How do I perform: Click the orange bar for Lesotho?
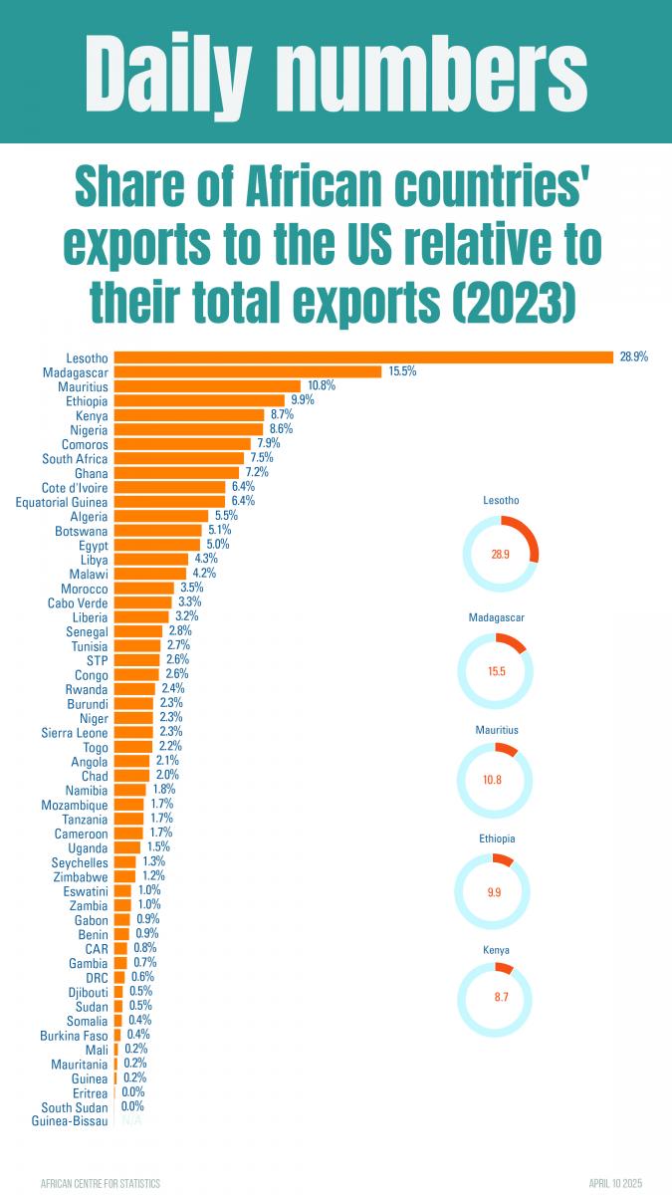(x=363, y=358)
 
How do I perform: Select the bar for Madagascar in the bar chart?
(x=248, y=371)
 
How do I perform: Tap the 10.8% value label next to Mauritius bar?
(x=322, y=386)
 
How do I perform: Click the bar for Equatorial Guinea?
(x=170, y=502)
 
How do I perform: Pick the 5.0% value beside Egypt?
(x=217, y=545)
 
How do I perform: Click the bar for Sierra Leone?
(x=133, y=732)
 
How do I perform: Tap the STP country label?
(x=97, y=660)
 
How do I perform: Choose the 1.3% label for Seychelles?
(x=153, y=861)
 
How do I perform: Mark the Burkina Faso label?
(x=75, y=1035)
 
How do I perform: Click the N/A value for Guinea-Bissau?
(x=130, y=1121)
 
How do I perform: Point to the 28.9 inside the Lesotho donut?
(x=500, y=555)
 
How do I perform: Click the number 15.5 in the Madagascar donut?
(x=497, y=671)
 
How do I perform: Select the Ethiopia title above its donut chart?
(x=497, y=839)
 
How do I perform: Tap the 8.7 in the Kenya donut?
(x=495, y=996)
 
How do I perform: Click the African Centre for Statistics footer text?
(x=100, y=1182)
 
